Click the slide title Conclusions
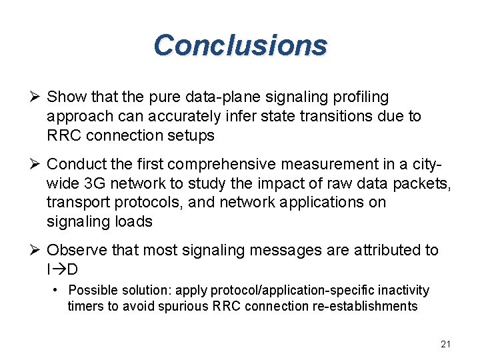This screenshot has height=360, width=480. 240,45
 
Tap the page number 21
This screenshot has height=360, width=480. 446,344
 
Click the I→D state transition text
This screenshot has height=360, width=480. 63,269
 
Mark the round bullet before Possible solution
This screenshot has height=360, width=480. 56,291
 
